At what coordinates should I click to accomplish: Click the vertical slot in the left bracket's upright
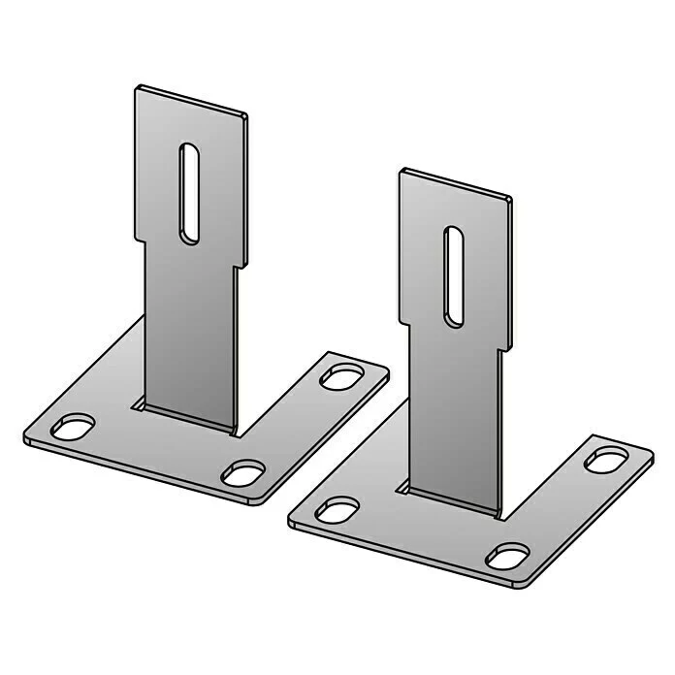click(x=190, y=193)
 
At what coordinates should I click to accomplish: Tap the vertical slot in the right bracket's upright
click(x=453, y=275)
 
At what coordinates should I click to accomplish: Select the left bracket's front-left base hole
click(x=74, y=426)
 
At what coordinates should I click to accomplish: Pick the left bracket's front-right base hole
click(x=242, y=473)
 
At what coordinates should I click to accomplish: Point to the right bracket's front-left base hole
click(x=337, y=510)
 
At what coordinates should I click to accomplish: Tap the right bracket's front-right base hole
click(x=507, y=556)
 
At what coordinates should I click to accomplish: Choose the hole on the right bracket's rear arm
click(x=604, y=460)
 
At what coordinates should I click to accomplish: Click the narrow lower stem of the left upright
click(x=189, y=330)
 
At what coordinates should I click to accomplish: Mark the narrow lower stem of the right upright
click(x=454, y=417)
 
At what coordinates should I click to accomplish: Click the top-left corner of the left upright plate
click(x=138, y=87)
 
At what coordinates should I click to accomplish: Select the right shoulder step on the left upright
click(x=241, y=265)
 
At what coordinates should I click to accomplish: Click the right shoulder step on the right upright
click(x=505, y=348)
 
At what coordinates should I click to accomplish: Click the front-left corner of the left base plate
click(x=27, y=438)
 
